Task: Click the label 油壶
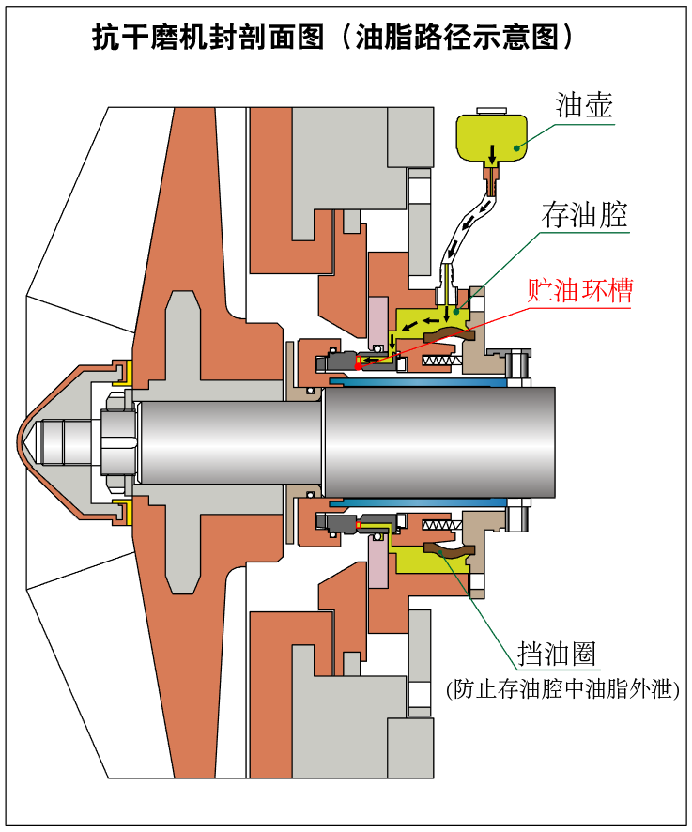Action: click(584, 104)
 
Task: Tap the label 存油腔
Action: click(584, 215)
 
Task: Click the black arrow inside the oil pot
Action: click(492, 151)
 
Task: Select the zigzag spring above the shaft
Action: click(441, 362)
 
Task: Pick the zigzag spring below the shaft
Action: click(441, 524)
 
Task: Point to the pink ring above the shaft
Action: click(377, 319)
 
